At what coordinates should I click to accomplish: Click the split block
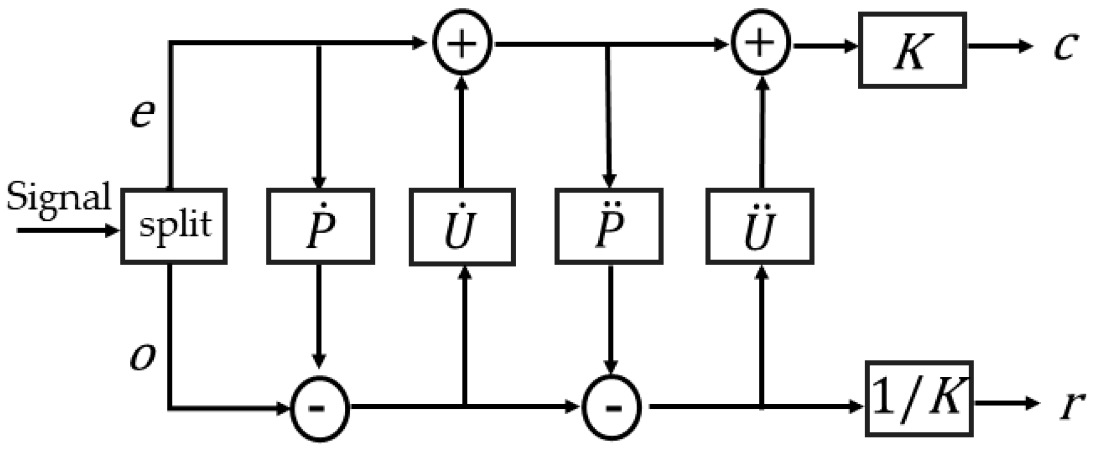[173, 226]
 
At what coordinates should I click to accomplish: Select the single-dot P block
[320, 226]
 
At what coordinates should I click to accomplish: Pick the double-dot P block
[609, 226]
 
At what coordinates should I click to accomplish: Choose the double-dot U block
[760, 226]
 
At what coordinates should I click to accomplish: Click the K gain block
[912, 50]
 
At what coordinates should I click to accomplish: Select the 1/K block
[919, 398]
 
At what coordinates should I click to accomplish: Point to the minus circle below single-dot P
[320, 408]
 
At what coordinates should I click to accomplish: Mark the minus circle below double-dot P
[611, 408]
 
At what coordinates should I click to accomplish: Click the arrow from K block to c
[999, 46]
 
